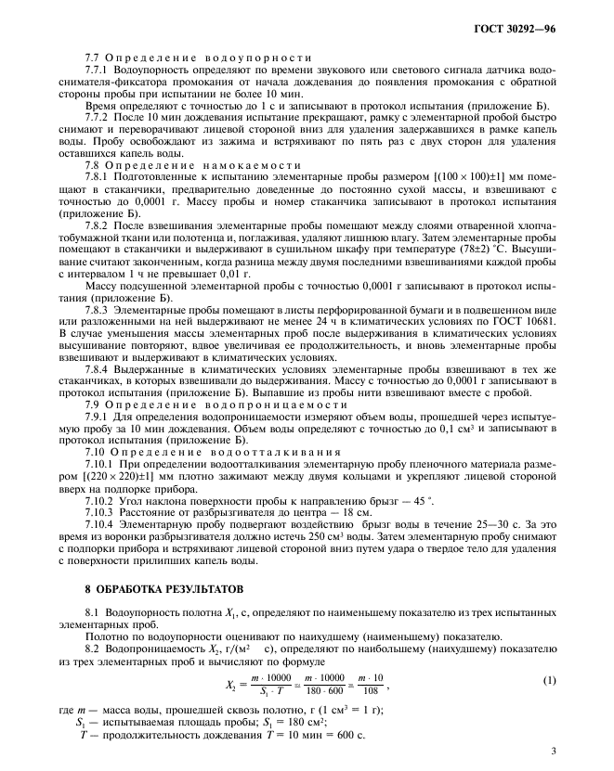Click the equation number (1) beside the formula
(x=548, y=682)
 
